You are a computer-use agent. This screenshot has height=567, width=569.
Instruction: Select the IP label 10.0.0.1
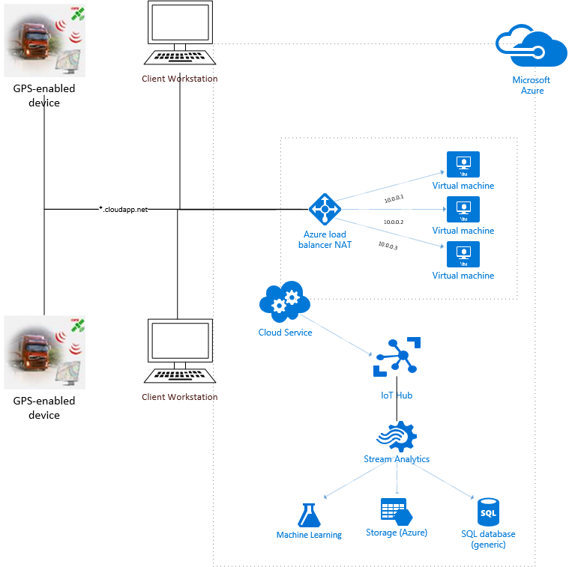point(394,199)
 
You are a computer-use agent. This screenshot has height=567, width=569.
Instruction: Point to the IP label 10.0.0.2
point(394,222)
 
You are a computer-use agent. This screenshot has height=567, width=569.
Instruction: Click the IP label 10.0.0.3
point(388,245)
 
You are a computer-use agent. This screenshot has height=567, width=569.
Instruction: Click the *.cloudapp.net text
point(124,209)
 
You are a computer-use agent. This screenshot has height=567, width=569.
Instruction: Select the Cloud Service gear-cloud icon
point(280,302)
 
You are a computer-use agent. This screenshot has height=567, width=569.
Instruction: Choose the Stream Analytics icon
point(397,434)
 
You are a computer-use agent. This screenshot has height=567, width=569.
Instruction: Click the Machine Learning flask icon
point(308,515)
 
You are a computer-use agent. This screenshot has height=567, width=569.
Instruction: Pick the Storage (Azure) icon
point(395,512)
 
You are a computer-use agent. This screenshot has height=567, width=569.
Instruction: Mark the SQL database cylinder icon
point(488,513)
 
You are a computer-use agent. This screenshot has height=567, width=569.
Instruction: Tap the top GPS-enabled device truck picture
point(44,40)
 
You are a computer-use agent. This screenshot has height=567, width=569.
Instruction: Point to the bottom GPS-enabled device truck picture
point(44,352)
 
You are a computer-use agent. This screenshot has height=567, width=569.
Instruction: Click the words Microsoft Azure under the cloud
point(531,85)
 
